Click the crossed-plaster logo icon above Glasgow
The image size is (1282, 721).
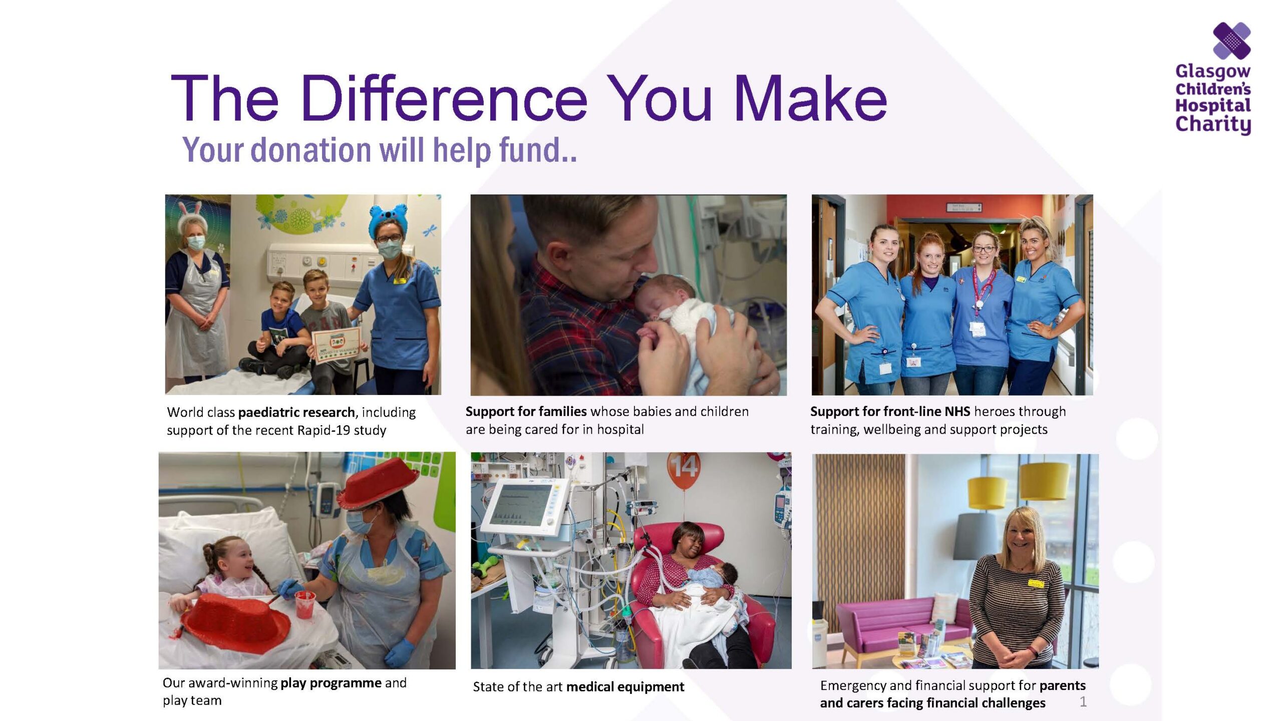pos(1231,41)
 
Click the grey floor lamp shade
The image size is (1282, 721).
pos(977,536)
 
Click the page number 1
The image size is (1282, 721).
pos(1083,701)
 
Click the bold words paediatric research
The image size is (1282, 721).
pos(296,413)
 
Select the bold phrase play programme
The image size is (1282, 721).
pos(331,683)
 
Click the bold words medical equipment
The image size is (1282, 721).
pos(625,687)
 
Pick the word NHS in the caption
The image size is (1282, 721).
pos(957,412)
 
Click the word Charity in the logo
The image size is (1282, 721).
pos(1213,124)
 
